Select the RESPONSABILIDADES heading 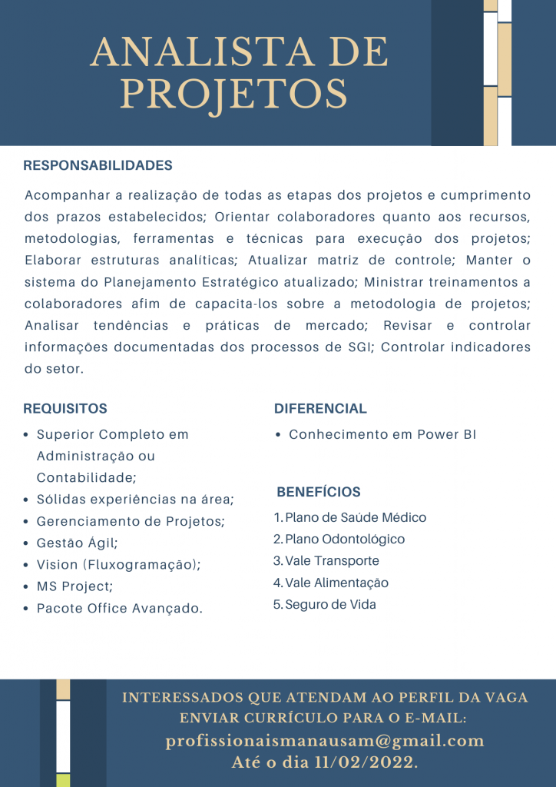coord(98,166)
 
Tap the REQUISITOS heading coord(65,409)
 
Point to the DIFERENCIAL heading coord(320,409)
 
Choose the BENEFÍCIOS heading coord(319,492)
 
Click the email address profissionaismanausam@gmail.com coord(325,741)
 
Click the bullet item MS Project coord(74,586)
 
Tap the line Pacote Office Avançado coord(120,609)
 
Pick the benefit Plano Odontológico coord(345,540)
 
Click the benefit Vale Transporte coord(332,561)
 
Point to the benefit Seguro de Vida coord(330,605)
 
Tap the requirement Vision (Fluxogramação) coord(119,565)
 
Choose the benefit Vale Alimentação coord(336,583)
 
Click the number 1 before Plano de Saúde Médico coord(277,518)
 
